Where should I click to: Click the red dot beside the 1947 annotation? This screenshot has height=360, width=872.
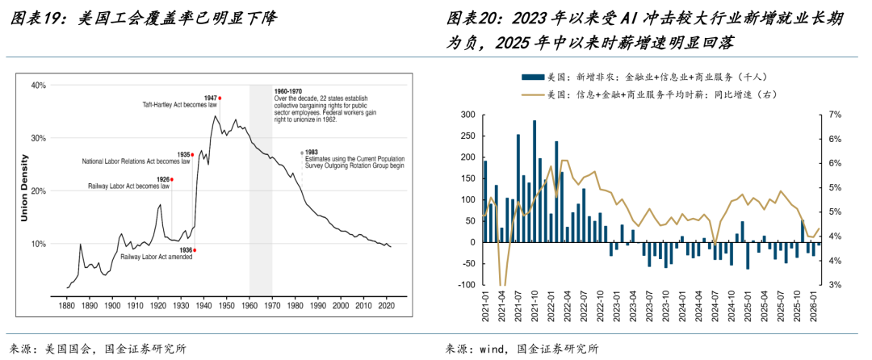click(x=220, y=98)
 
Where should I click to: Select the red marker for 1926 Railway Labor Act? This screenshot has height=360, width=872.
click(x=171, y=179)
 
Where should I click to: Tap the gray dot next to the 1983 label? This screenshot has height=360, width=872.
click(x=302, y=153)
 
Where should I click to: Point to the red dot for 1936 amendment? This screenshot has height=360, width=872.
click(x=195, y=250)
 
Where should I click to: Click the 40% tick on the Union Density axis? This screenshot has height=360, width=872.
click(x=37, y=85)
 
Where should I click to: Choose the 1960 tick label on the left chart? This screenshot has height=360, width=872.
click(x=249, y=308)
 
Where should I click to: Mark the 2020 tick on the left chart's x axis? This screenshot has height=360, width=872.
click(x=386, y=308)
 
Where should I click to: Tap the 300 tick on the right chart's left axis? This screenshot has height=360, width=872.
click(x=468, y=115)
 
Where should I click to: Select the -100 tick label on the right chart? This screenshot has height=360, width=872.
click(x=465, y=285)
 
